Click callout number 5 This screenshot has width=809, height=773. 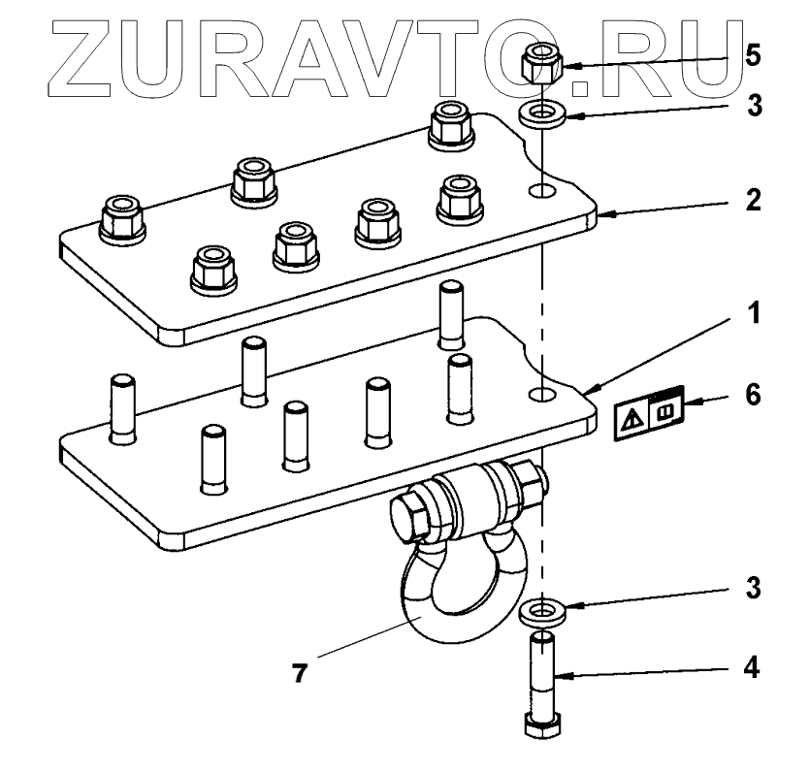pos(754,54)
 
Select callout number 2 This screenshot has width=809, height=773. pos(754,203)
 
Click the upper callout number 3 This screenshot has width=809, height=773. pos(754,105)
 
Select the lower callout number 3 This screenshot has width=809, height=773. pos(754,589)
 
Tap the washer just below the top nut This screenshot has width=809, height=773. pos(542,115)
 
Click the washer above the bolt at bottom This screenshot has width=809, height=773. pos(542,613)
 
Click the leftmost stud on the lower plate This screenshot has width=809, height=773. pos(123,407)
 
